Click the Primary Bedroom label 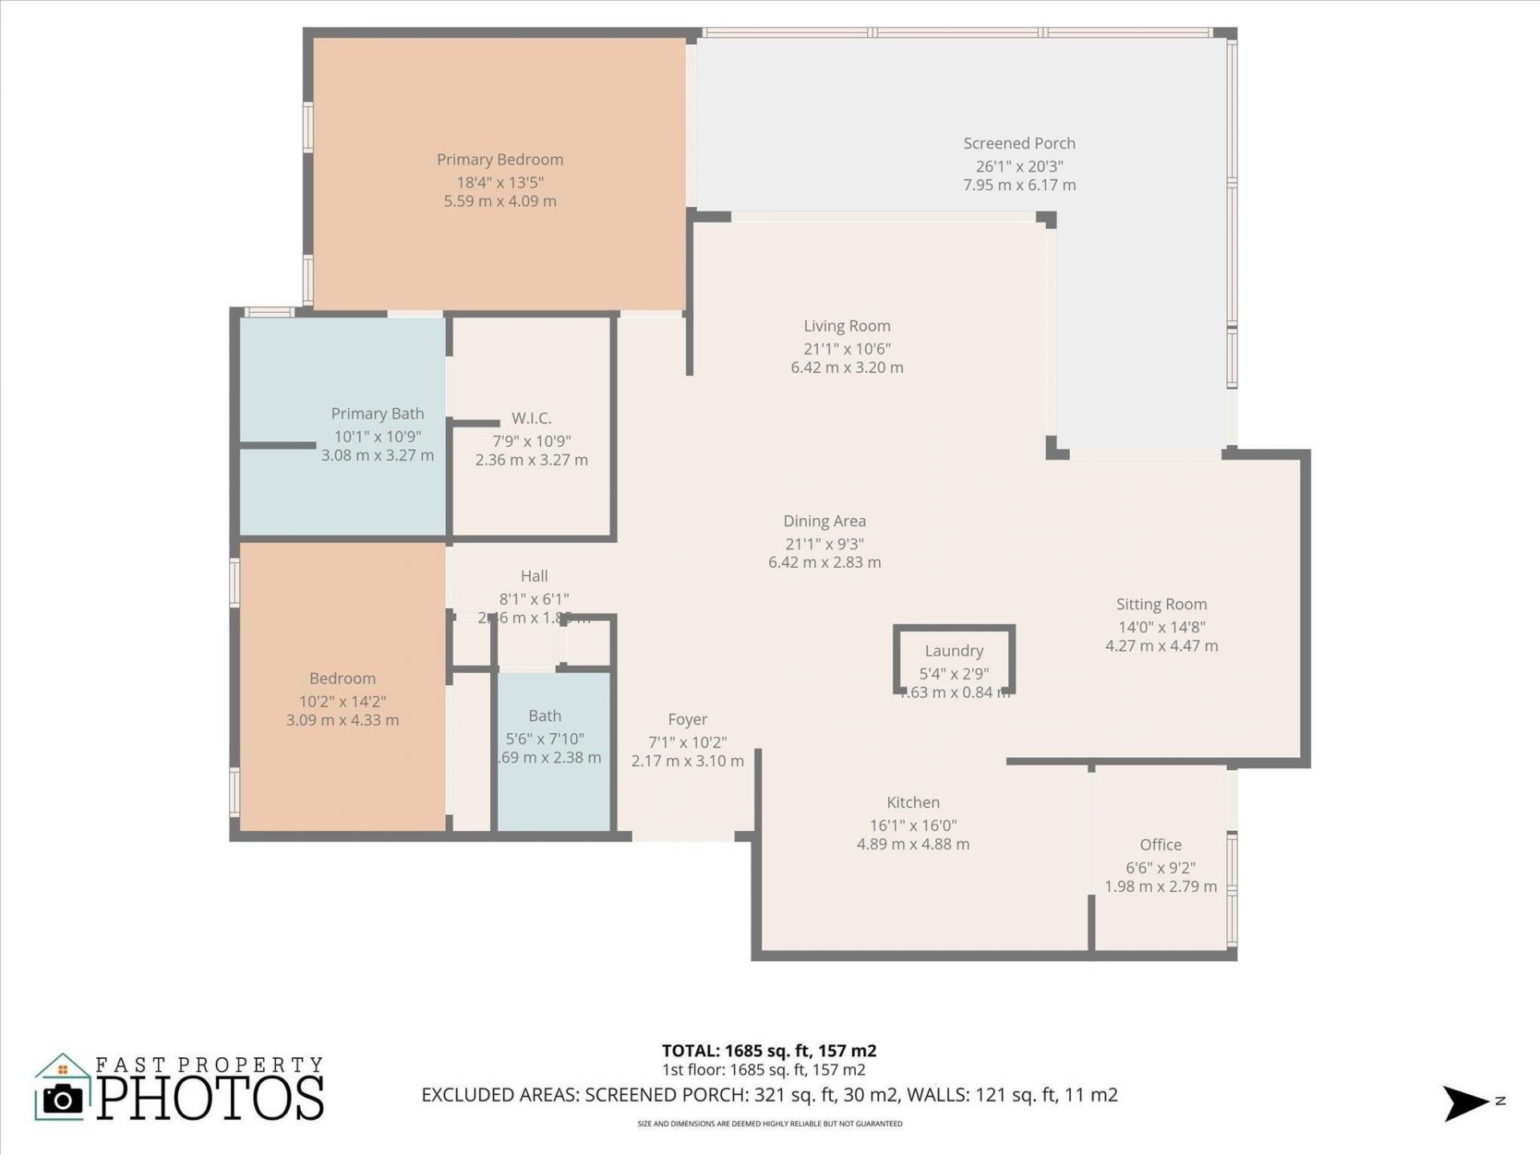(500, 160)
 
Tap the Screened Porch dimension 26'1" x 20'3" (1019, 166)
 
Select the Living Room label (847, 326)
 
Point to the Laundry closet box (954, 659)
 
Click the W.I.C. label (531, 418)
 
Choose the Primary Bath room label (377, 414)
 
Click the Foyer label (687, 719)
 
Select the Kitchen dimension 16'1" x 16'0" (913, 825)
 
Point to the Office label (1160, 845)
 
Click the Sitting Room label (1161, 605)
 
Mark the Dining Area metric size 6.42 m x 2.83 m (824, 562)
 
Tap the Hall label (534, 576)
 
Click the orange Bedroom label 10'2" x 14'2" (342, 701)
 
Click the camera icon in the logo (63, 1099)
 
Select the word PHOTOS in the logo (210, 1098)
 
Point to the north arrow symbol (1466, 1103)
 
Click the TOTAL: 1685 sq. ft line (768, 1051)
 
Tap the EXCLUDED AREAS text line (769, 1095)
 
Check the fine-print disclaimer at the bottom (769, 1124)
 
